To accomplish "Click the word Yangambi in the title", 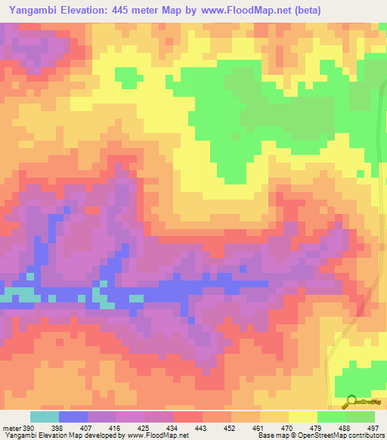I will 31,11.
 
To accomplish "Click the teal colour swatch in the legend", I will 45,416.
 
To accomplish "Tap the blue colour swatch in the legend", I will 73,416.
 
